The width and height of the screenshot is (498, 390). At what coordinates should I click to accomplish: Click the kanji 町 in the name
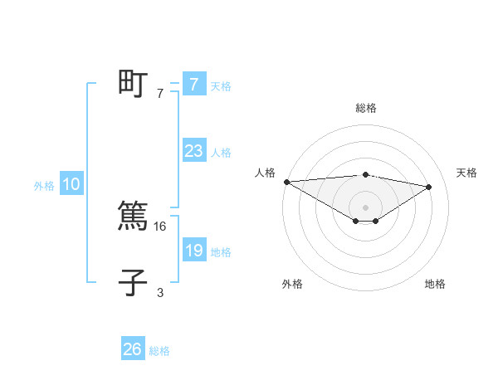[133, 85]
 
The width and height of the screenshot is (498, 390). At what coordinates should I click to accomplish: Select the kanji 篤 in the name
[133, 217]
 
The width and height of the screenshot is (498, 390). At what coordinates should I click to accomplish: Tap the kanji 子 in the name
[133, 282]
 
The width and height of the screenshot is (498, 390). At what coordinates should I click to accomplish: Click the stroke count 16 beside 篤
[161, 226]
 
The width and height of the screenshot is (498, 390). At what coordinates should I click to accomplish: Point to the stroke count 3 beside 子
[160, 292]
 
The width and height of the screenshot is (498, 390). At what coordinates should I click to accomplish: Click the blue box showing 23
[193, 151]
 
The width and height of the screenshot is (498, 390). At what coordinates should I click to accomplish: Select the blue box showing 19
[193, 251]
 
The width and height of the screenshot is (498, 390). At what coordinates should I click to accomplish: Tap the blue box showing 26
[132, 349]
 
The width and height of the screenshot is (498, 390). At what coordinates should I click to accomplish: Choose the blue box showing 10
[71, 184]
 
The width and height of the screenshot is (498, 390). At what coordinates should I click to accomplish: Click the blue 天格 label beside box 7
[221, 86]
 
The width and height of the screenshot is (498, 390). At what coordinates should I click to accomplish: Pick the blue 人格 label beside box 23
[221, 153]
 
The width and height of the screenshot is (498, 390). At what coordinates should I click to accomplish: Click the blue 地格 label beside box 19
[221, 252]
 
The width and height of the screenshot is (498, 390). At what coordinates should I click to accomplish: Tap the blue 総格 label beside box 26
[159, 351]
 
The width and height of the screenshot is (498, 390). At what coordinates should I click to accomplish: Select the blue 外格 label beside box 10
[44, 186]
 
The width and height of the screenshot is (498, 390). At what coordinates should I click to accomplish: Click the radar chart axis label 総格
[365, 108]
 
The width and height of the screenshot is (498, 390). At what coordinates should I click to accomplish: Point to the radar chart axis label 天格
[467, 173]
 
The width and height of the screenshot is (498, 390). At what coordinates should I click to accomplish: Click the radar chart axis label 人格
[265, 173]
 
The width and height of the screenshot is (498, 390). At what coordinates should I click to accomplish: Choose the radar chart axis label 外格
[292, 285]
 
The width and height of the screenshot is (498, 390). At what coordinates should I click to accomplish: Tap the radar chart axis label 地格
[435, 285]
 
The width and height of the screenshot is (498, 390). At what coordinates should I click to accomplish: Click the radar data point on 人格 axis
[286, 181]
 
